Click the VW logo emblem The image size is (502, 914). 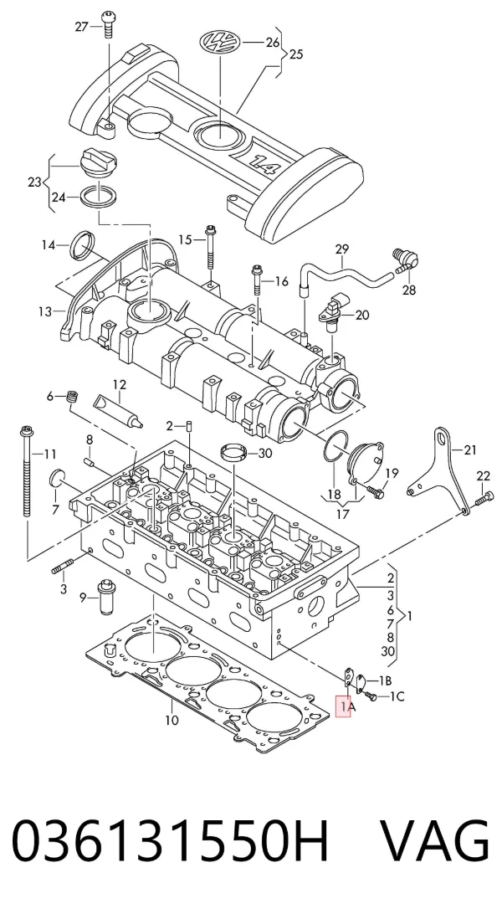[220, 43]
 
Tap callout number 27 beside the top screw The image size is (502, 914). [82, 26]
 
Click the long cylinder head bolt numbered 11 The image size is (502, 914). [26, 472]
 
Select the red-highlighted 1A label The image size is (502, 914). [344, 706]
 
